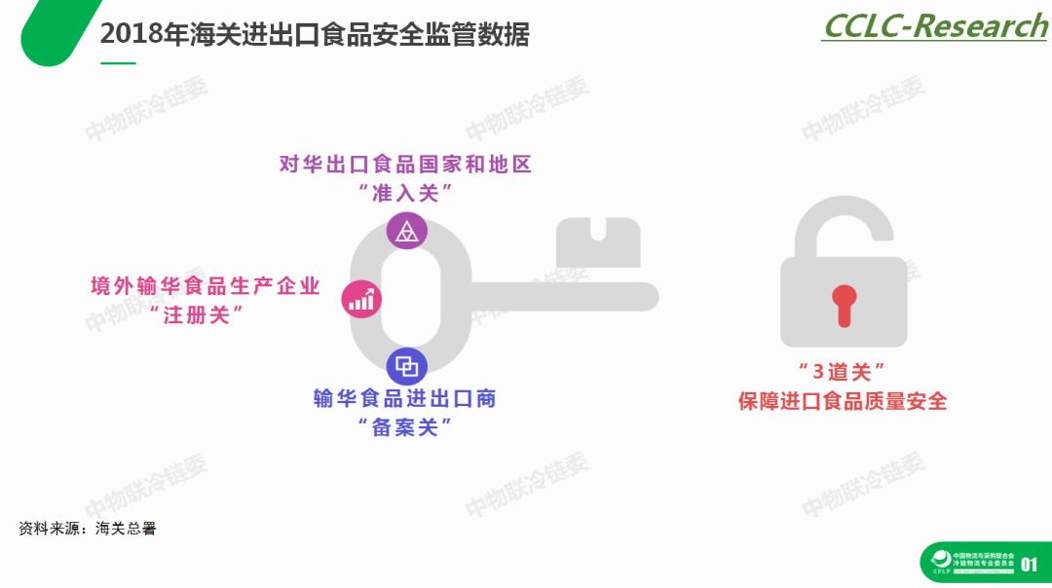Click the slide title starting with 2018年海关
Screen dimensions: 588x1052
(315, 36)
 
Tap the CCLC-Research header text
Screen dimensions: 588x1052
(934, 26)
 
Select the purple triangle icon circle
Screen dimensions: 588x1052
(406, 231)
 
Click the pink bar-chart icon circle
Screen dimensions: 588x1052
(361, 299)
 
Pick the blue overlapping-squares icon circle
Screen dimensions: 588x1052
(406, 367)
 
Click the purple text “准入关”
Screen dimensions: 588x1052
(406, 193)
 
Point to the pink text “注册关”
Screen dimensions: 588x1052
(204, 314)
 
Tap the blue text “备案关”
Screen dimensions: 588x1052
(405, 426)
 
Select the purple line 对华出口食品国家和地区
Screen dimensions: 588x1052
(406, 164)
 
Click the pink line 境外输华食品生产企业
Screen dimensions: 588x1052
(206, 286)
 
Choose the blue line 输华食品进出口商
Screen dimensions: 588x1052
(405, 398)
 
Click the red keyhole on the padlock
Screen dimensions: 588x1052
(843, 306)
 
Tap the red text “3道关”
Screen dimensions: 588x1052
(842, 372)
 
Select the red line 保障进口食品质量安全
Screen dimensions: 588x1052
(842, 401)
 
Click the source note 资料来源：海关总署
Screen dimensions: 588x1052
(87, 530)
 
